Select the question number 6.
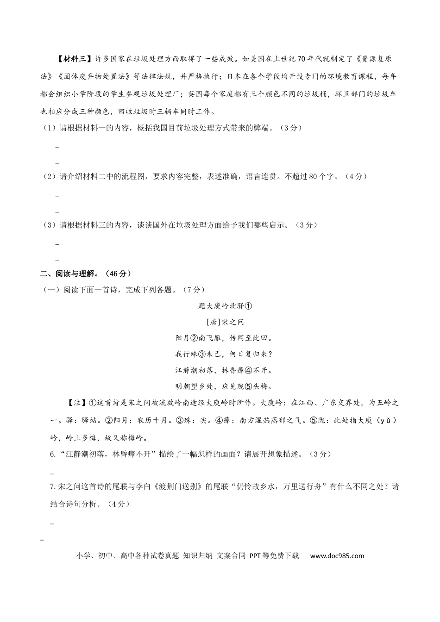52,454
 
